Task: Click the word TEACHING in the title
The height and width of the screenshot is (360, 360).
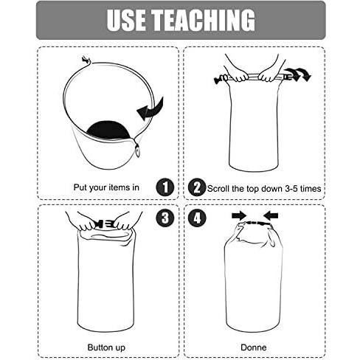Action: click(x=203, y=20)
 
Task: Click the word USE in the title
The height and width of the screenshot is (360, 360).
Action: click(x=125, y=20)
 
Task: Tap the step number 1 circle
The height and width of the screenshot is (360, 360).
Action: click(x=165, y=187)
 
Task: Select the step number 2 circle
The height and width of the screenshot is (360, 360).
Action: click(x=197, y=187)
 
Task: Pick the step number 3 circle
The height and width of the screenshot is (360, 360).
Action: click(x=165, y=218)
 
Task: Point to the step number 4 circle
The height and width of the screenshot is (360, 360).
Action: click(x=197, y=218)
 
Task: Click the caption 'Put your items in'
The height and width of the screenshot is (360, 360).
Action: click(x=106, y=187)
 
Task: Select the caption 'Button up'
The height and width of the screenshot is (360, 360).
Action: click(x=106, y=347)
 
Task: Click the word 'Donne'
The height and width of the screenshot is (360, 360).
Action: click(x=254, y=347)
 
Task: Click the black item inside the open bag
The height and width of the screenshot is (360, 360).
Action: click(x=108, y=130)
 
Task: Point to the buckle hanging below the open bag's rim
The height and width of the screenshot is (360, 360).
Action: click(x=137, y=150)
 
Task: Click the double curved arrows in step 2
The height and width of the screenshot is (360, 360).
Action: click(x=298, y=75)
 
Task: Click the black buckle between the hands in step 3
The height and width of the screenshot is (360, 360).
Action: click(x=103, y=224)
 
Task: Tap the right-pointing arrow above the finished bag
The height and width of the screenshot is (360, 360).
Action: click(x=239, y=215)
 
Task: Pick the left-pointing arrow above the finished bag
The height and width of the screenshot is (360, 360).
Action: click(x=271, y=215)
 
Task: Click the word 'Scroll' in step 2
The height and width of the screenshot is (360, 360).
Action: click(x=218, y=189)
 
